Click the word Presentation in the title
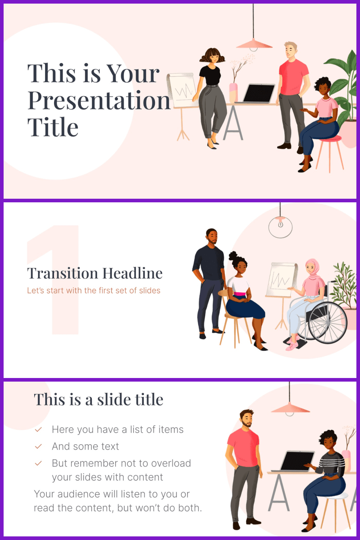coord(99,100)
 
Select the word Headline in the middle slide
coord(132,273)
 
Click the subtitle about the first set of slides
coord(94,291)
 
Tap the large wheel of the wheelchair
coord(328,323)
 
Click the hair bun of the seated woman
coord(233,256)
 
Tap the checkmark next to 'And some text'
coord(38,446)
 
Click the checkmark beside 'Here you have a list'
coord(38,429)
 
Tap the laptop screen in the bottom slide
coord(297,461)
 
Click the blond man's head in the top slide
coord(291,50)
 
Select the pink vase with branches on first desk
coord(233,93)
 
